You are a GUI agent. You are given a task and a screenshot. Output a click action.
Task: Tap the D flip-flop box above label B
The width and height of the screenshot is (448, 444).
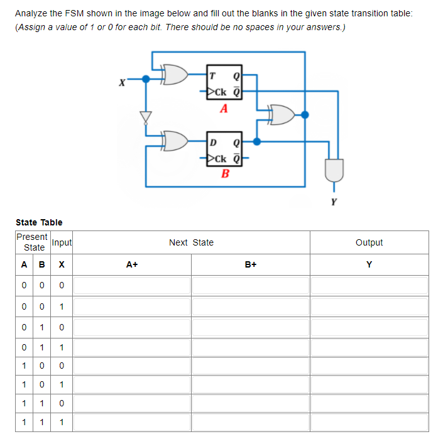[x=223, y=149]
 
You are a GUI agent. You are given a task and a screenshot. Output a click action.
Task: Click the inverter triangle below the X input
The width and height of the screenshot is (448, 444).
[x=146, y=117]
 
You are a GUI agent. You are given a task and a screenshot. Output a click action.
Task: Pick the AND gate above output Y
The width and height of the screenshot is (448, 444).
[x=333, y=168]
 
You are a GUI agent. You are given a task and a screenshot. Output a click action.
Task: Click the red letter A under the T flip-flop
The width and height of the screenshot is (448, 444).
[x=223, y=109]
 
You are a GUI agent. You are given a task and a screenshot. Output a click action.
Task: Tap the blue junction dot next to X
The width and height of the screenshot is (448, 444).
[x=146, y=80]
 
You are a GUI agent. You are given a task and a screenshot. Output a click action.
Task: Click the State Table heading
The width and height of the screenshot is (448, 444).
[x=39, y=222]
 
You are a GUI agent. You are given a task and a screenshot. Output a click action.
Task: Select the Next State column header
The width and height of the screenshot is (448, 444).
[x=191, y=242]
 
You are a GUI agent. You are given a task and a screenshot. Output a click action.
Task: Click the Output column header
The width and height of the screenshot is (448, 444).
[x=369, y=242]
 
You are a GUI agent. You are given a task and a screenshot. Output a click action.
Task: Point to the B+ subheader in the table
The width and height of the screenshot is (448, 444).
[x=250, y=264]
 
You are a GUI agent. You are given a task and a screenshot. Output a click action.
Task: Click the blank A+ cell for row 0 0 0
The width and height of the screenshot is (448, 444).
[x=132, y=286]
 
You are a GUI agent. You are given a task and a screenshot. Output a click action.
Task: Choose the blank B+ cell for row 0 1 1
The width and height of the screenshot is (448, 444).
[x=250, y=346]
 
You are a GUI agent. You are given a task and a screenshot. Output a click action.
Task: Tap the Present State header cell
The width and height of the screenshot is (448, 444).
[x=32, y=242]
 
